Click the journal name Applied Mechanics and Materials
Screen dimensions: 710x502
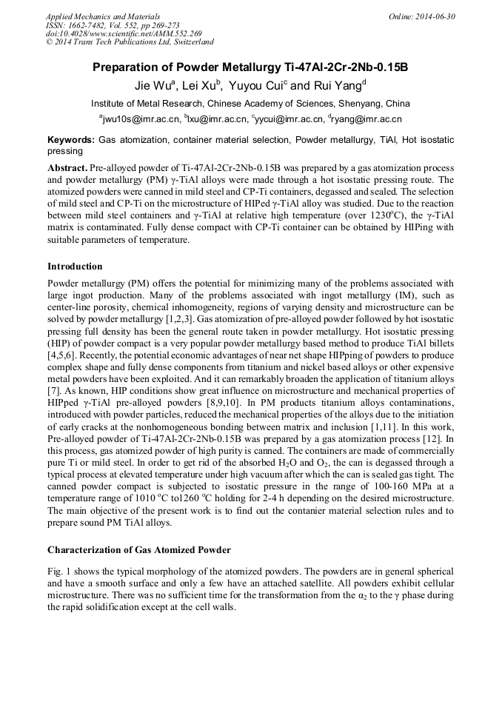103,16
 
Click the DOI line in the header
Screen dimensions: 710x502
124,34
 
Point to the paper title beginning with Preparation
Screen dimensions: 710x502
250,67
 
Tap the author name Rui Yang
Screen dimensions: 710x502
337,84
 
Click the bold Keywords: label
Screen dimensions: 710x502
71,140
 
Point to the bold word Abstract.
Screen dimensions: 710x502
67,168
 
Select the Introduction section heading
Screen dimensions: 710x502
75,267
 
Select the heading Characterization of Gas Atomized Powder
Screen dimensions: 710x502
139,550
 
